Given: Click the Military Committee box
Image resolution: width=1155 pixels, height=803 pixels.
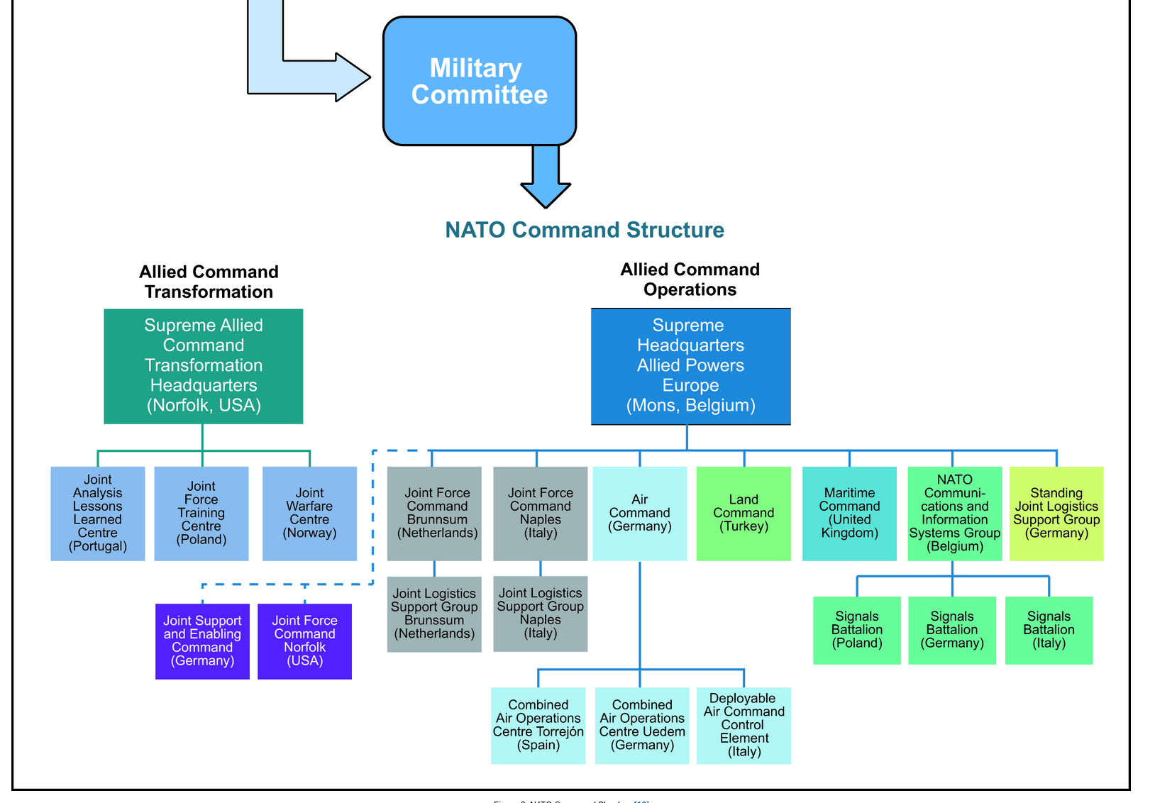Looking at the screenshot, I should tap(479, 82).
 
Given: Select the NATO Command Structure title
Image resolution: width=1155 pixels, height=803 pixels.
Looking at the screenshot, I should tap(584, 230).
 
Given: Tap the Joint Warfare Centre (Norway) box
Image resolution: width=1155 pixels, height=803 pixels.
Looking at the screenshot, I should tap(309, 513).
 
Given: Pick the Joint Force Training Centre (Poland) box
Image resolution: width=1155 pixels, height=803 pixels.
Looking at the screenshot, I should tap(201, 513).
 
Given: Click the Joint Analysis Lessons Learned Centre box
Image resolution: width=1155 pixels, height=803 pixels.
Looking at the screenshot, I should tap(98, 513).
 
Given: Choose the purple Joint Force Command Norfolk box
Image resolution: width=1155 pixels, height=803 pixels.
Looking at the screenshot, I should tap(304, 641).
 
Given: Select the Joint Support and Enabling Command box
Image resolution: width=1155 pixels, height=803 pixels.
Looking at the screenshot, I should tap(202, 641).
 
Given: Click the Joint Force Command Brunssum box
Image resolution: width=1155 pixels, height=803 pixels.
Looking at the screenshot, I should tap(434, 513).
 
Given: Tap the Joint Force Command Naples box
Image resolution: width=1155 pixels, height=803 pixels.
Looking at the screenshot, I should tap(540, 513).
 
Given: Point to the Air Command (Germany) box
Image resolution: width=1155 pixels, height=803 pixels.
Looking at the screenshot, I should tap(639, 513).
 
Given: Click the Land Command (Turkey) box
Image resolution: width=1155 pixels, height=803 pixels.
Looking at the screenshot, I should tap(744, 513).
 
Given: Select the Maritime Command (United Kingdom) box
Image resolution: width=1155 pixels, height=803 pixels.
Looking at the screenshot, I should tap(849, 513).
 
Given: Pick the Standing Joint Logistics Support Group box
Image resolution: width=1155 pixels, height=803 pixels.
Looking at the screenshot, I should tap(1056, 513).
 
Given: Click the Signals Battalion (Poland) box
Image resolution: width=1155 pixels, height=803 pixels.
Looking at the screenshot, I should tap(857, 630).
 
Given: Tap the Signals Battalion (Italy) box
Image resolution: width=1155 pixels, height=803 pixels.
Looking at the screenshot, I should tap(1049, 630).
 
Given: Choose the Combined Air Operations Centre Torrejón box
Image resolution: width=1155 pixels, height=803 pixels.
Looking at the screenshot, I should tap(538, 725).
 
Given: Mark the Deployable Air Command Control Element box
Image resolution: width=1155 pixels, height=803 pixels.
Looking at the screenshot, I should tap(744, 725).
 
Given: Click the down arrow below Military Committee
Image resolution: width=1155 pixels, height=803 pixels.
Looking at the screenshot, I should tap(546, 177).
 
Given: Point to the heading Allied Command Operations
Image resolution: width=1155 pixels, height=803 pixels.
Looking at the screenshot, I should tap(690, 279).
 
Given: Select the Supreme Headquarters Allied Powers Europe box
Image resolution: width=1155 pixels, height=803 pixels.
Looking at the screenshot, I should tap(690, 366).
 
